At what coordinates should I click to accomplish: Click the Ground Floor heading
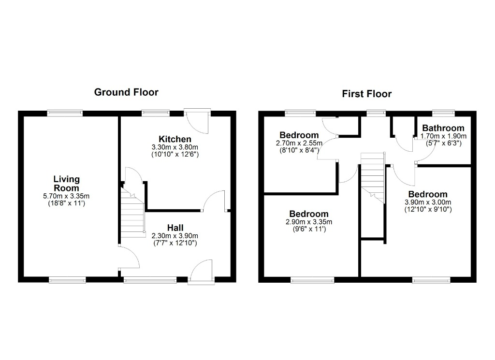[126, 92]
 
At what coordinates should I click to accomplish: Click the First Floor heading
[367, 94]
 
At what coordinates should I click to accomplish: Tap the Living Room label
[66, 183]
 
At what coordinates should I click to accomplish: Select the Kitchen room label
[175, 139]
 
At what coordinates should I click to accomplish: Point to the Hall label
[175, 228]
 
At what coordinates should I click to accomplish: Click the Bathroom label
[443, 128]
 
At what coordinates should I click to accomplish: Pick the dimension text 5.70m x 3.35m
[66, 196]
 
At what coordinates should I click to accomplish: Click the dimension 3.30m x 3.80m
[175, 147]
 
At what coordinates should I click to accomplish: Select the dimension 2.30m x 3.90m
[175, 236]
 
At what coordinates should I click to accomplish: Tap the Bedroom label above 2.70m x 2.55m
[299, 135]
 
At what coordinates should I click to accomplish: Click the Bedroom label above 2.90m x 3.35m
[309, 214]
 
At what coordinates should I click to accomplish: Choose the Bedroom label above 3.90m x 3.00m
[428, 194]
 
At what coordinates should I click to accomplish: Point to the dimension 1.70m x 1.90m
[443, 136]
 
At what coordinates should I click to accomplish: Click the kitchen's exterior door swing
[198, 122]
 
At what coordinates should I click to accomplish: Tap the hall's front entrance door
[201, 272]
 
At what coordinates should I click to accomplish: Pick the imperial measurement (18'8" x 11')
[66, 203]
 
